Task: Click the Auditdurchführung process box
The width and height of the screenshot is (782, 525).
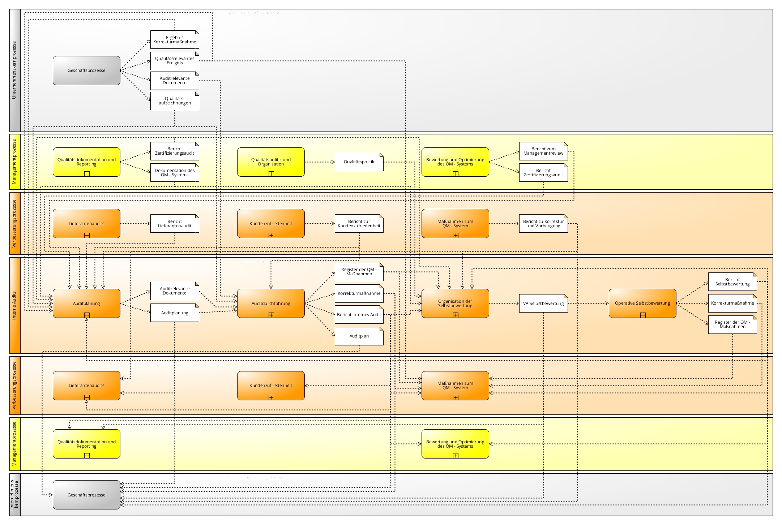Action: click(271, 303)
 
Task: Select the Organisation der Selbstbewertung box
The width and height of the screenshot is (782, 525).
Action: click(455, 303)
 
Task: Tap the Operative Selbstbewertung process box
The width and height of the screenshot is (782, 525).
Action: click(642, 303)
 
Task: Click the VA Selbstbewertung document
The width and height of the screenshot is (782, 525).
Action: click(543, 304)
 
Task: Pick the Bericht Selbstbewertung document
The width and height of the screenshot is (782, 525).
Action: click(732, 282)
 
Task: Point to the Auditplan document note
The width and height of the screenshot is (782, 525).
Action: click(359, 336)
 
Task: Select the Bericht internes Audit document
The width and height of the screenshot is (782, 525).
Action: click(359, 315)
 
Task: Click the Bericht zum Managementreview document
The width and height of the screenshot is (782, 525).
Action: click(543, 151)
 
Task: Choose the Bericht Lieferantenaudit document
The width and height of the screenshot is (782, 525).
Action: click(175, 224)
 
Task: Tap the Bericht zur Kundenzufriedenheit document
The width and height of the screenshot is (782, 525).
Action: click(359, 224)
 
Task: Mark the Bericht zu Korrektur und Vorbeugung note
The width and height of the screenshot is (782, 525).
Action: click(543, 224)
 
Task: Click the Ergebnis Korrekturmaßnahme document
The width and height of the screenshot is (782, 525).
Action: click(175, 40)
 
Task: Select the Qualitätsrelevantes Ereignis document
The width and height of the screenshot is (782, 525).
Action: click(175, 61)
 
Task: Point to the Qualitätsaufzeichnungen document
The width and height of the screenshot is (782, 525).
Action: click(175, 101)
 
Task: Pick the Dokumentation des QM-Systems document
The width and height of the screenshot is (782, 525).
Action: click(175, 173)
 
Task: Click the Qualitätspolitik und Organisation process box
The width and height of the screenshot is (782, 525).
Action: click(271, 162)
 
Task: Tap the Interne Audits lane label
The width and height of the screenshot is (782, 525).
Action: click(15, 305)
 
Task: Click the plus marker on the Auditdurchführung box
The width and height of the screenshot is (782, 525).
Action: click(271, 315)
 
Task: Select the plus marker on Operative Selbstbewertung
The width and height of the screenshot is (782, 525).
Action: click(643, 315)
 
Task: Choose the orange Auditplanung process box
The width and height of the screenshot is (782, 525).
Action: click(86, 303)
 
